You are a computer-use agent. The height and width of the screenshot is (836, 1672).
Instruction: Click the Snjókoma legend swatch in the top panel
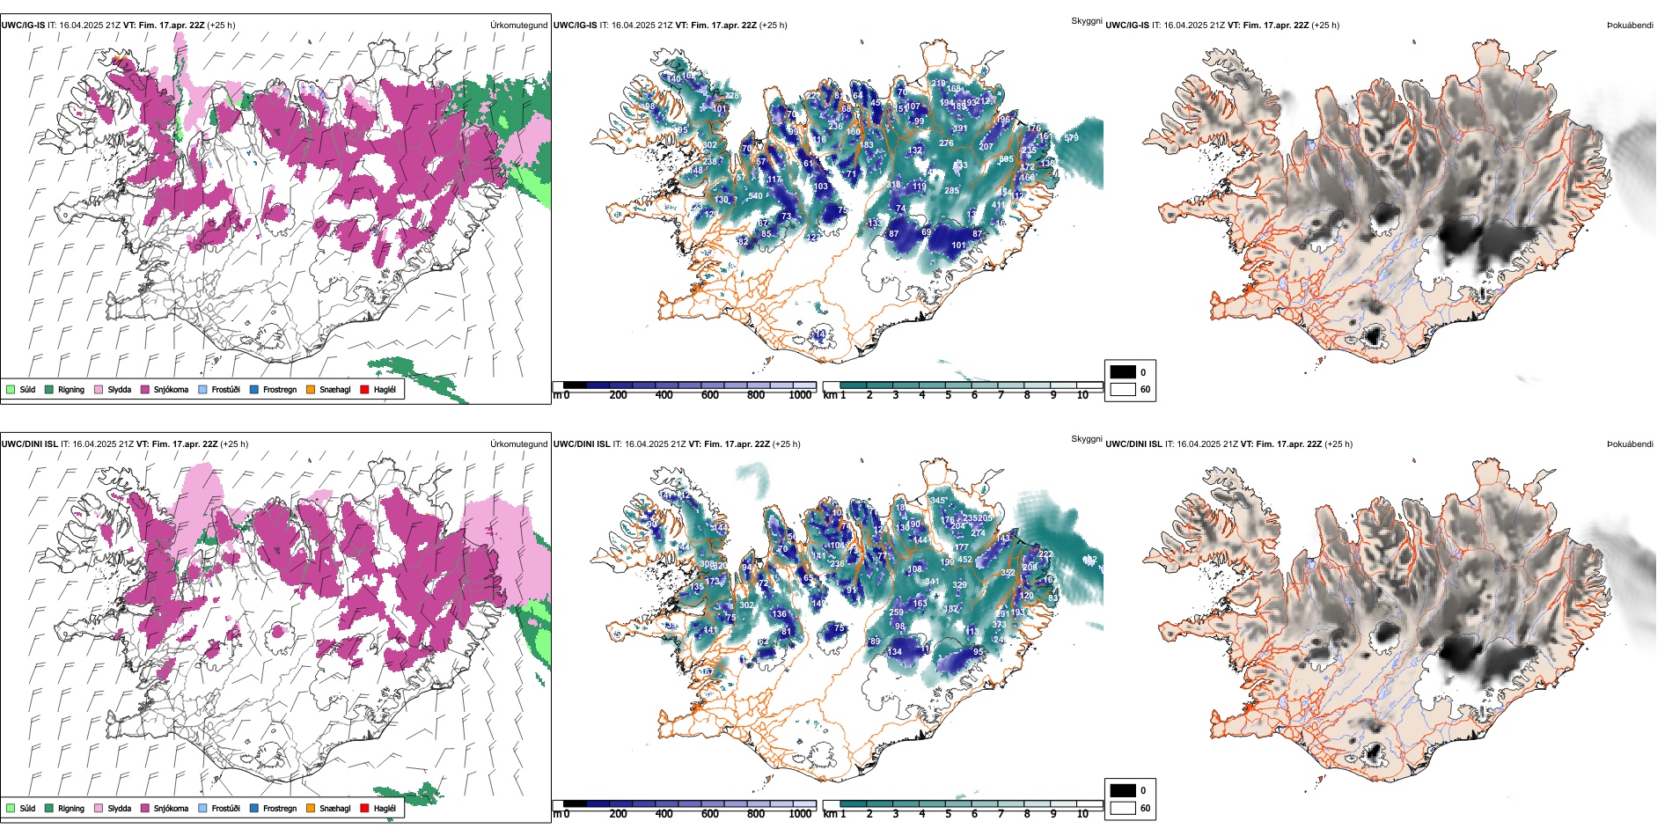tap(145, 389)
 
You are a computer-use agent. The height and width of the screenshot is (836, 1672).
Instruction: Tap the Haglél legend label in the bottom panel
tap(385, 808)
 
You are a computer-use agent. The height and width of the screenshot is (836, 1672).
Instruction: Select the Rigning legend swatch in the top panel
tap(49, 389)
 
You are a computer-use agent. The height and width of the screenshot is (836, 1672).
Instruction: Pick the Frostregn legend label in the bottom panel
tap(280, 808)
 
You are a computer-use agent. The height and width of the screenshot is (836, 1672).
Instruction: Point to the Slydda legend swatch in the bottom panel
tap(99, 808)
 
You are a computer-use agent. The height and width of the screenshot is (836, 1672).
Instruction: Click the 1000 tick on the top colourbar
tap(800, 395)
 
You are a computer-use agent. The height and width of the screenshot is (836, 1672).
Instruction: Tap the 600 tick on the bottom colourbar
tap(710, 814)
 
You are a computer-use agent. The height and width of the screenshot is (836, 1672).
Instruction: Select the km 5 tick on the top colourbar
tap(948, 395)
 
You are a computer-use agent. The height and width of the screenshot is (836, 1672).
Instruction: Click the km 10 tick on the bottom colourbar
tap(1082, 814)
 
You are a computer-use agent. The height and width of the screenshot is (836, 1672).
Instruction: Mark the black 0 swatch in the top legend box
tap(1123, 372)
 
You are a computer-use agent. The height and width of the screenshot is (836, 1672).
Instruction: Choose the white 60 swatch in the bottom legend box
tap(1123, 808)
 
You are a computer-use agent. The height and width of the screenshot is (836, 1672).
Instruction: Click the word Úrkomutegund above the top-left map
tap(518, 26)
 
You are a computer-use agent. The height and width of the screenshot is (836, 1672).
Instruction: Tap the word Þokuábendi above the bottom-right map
tap(1630, 444)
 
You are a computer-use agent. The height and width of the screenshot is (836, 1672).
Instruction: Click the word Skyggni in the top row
tap(1086, 21)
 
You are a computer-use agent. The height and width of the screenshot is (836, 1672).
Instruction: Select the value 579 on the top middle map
tap(1071, 138)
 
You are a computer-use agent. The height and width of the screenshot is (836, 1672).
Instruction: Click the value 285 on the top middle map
tap(951, 191)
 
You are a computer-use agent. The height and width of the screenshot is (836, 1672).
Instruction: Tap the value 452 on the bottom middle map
tap(964, 560)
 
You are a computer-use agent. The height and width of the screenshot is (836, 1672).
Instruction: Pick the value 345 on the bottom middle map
tap(938, 501)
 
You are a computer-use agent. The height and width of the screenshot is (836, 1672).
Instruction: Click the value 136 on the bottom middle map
tap(779, 614)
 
